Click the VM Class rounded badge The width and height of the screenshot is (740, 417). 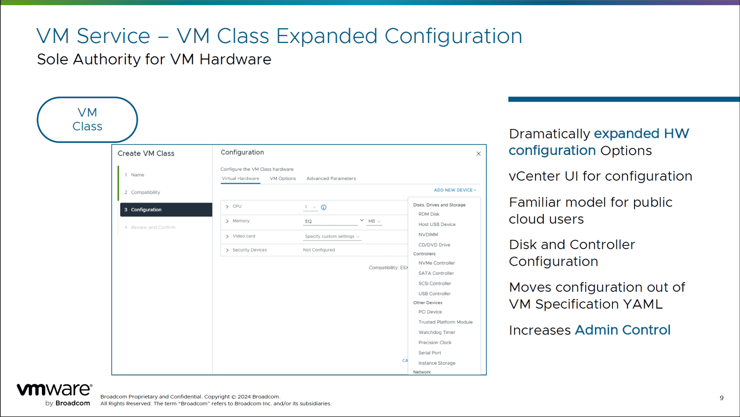(x=87, y=119)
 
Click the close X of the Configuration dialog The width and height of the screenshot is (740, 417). (x=478, y=154)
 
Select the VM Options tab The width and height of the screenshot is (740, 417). (x=283, y=178)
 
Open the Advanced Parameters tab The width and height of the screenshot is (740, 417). (x=331, y=178)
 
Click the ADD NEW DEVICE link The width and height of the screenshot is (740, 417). (x=455, y=190)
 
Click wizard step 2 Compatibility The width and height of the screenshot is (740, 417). (x=145, y=192)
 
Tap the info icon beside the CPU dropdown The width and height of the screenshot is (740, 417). (x=324, y=207)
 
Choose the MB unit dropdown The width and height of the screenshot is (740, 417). (x=374, y=221)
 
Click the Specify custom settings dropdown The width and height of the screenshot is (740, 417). (x=332, y=237)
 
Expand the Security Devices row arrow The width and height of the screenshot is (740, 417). (x=227, y=250)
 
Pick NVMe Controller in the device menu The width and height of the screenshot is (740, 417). (x=436, y=263)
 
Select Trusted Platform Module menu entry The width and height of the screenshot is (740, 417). (x=446, y=322)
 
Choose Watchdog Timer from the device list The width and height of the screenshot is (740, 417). (x=437, y=332)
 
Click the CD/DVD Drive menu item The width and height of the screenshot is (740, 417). (x=434, y=245)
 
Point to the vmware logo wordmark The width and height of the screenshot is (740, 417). (x=55, y=390)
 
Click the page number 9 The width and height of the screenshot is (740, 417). (x=722, y=398)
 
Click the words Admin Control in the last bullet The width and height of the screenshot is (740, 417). (x=622, y=330)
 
